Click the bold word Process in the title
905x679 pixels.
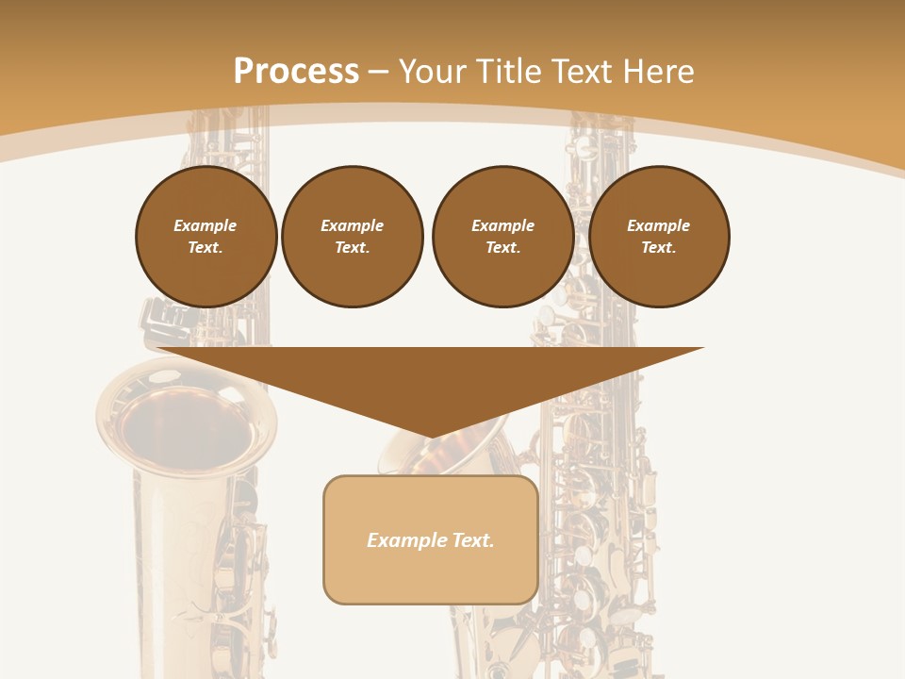296,72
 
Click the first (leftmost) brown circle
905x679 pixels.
206,237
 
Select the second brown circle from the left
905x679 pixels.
353,237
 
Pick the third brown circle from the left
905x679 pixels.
503,237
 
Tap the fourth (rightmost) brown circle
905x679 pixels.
659,237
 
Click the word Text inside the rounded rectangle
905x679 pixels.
470,540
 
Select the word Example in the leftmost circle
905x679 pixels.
206,225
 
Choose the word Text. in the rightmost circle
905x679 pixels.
659,247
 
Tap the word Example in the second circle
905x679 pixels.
353,225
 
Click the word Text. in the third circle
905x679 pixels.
503,247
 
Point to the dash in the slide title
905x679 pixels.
379,72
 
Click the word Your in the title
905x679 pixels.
434,72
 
